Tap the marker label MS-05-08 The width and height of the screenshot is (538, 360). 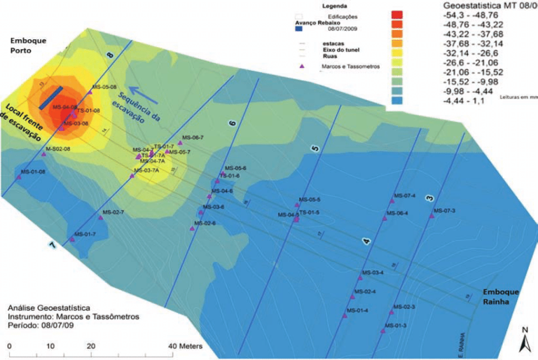point(104,87)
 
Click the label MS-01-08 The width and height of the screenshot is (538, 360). point(33,171)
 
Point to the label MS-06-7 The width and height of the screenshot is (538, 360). point(193,137)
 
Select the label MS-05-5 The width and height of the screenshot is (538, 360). point(309,200)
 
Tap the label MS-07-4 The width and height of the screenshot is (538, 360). point(405,195)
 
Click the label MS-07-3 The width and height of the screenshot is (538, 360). point(444,211)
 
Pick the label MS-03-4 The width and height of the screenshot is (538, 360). point(373,272)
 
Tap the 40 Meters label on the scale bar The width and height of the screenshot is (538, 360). point(184,347)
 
